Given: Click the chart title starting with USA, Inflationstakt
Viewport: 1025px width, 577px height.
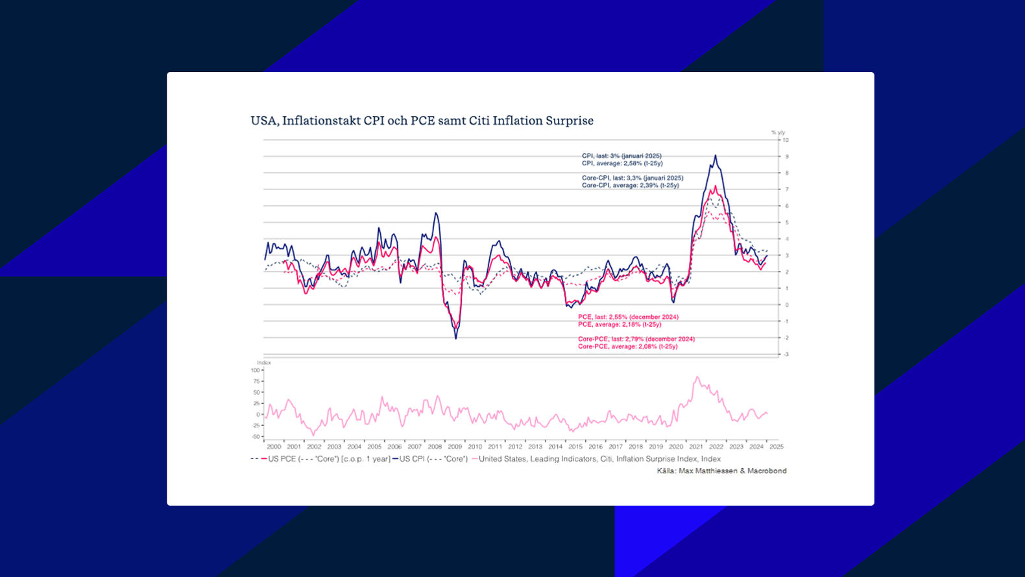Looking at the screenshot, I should click(422, 121).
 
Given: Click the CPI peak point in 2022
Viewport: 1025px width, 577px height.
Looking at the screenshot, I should click(716, 156).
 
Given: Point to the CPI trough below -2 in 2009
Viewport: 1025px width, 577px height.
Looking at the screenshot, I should click(455, 338).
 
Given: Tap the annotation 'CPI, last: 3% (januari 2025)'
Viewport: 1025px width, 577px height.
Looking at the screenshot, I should click(621, 156).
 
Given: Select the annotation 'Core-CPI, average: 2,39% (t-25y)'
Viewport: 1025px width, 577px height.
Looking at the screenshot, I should click(630, 185).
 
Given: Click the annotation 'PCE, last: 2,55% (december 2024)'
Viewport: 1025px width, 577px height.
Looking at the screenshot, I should click(628, 317).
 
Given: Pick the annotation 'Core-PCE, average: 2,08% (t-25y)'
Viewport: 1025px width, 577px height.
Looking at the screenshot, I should click(627, 346).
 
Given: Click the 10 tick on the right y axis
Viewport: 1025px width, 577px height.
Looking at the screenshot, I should click(786, 140).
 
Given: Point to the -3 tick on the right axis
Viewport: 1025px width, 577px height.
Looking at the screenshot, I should click(786, 355).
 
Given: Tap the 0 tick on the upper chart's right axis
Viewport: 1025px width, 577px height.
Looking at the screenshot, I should click(786, 305).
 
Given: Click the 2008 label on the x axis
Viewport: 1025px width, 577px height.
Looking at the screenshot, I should click(435, 447).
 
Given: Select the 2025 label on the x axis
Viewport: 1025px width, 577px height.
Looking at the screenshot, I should click(777, 447).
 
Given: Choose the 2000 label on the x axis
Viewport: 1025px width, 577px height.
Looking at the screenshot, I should click(274, 447).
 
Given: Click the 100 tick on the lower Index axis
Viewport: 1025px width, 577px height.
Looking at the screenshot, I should click(255, 370).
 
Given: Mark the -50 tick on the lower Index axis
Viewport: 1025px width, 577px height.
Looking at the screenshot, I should click(255, 437).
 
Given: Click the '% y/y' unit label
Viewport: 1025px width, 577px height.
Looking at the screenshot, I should click(778, 132).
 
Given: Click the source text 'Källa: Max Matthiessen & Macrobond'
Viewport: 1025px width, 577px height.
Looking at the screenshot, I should click(721, 471).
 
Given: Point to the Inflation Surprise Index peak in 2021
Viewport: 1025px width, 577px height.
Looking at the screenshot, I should click(697, 377).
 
